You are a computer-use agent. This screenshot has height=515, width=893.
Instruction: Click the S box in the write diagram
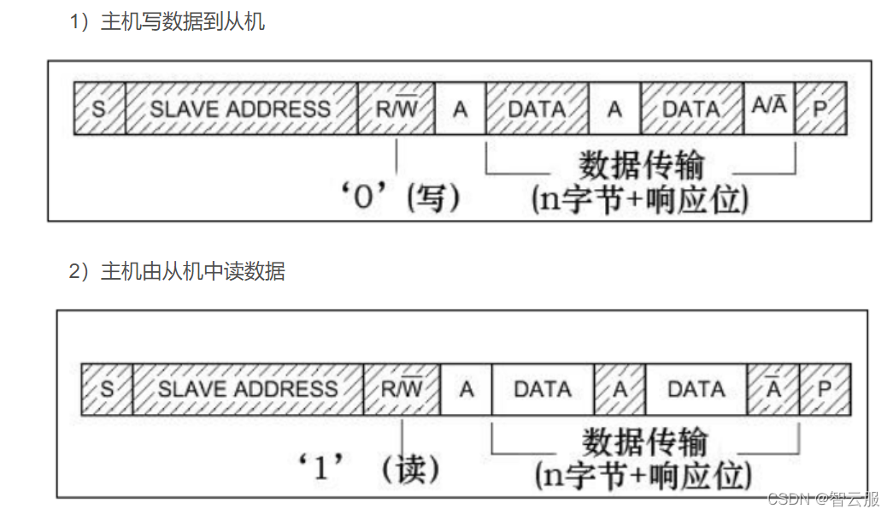pos(99,109)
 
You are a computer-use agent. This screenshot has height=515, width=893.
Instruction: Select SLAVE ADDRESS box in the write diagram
pos(241,109)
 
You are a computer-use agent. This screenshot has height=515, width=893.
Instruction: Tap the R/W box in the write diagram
pos(396,109)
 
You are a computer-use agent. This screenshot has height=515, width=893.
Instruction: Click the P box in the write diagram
pos(820,109)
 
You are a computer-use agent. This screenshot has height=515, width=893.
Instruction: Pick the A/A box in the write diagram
pos(769,108)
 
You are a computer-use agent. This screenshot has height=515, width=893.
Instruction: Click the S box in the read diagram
pos(107,389)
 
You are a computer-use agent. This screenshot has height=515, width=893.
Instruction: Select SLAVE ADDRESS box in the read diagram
pos(248,389)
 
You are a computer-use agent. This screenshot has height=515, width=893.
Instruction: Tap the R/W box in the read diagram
pos(402,389)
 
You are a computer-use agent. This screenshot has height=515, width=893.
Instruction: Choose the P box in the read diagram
pos(825,389)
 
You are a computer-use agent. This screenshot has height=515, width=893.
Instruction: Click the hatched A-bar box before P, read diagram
pos(773,389)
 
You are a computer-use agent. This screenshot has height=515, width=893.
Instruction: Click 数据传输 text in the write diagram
pos(641,164)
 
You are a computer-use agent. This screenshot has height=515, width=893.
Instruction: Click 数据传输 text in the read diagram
pos(645,443)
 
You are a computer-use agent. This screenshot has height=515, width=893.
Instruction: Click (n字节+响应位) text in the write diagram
pos(640,199)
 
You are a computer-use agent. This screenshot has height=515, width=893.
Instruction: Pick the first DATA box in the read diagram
pos(543,389)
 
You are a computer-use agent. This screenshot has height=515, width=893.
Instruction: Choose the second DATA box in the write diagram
pos(691,109)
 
